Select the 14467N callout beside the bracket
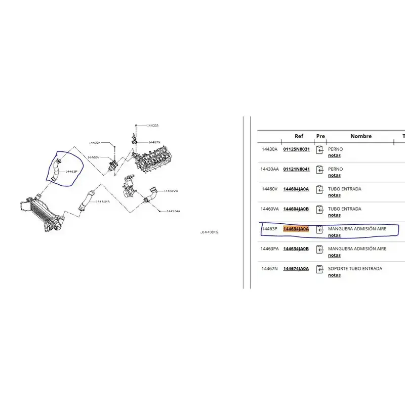(x=154, y=143)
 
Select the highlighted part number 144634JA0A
(x=296, y=229)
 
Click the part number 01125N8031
(x=296, y=149)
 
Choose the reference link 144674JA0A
(x=296, y=269)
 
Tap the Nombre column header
(x=360, y=136)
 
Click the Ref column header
(x=299, y=136)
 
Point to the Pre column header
(x=320, y=136)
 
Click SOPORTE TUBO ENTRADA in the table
(x=355, y=269)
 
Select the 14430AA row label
(x=269, y=169)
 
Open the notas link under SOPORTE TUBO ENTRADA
(x=334, y=275)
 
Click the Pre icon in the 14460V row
(x=319, y=190)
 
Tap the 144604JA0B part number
(x=296, y=209)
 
